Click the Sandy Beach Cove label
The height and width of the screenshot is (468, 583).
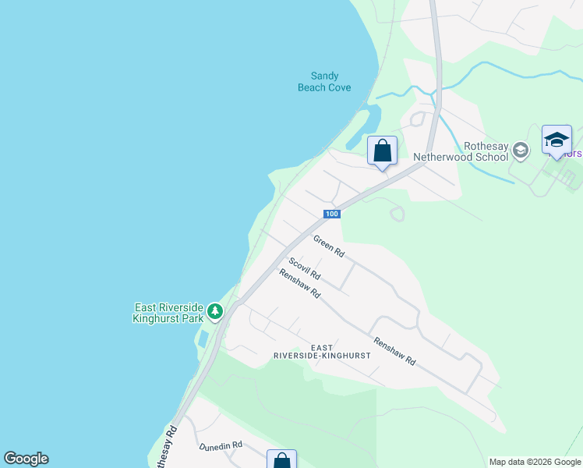tap(324, 81)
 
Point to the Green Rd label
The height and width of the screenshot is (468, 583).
tap(329, 246)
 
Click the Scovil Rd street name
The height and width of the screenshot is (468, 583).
tap(304, 268)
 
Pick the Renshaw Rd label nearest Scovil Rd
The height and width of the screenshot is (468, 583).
tap(300, 283)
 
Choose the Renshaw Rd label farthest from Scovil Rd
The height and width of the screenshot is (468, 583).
tap(394, 352)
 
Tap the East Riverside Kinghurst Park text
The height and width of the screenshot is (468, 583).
tap(168, 313)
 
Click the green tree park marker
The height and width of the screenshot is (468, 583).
tap(215, 313)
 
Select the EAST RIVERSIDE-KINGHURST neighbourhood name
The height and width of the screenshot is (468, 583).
tap(322, 351)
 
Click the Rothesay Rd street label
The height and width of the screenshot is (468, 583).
tap(165, 447)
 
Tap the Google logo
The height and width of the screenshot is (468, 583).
tap(26, 459)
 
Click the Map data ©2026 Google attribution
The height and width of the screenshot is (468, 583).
tap(535, 462)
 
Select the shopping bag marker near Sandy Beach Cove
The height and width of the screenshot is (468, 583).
tap(382, 151)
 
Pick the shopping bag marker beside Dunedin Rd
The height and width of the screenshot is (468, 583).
tap(281, 460)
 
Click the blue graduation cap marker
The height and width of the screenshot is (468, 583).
tap(556, 140)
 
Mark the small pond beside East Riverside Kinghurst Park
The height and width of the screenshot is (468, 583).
tap(203, 339)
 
